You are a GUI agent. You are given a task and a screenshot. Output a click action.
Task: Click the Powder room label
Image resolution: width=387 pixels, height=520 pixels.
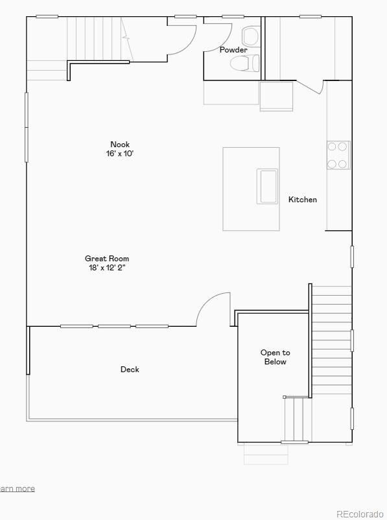pyautogui.click(x=233, y=50)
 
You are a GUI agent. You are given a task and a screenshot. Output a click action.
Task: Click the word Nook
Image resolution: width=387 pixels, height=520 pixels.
pyautogui.click(x=120, y=145)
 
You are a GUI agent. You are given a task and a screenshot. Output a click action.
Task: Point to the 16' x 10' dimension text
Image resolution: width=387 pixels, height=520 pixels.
pyautogui.click(x=120, y=154)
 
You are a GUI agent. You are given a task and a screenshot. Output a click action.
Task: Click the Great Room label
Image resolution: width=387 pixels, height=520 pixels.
pyautogui.click(x=107, y=259)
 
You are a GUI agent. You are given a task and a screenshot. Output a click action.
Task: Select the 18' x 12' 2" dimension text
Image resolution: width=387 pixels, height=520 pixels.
pyautogui.click(x=107, y=268)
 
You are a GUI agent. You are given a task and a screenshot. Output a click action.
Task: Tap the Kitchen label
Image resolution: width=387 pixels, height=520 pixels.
pyautogui.click(x=303, y=200)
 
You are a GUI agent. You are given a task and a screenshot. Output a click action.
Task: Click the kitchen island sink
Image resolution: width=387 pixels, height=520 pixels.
pyautogui.click(x=268, y=186)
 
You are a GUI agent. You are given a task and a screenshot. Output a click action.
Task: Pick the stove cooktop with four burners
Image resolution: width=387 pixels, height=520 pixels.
pyautogui.click(x=338, y=156)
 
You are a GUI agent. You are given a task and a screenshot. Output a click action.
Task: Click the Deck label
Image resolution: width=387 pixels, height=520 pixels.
pyautogui.click(x=130, y=370)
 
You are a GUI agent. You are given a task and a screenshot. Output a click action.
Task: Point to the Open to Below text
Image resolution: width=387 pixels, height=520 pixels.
pyautogui.click(x=276, y=357)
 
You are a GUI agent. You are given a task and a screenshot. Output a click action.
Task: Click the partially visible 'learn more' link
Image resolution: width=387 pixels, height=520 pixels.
pyautogui.click(x=17, y=489)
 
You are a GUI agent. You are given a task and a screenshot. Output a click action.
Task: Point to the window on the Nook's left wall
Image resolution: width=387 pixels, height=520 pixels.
pyautogui.click(x=27, y=127)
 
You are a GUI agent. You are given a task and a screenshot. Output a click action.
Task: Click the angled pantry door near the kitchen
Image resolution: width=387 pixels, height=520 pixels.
pyautogui.click(x=311, y=87)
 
